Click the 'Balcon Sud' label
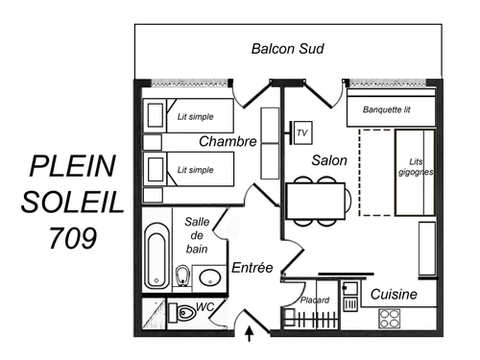287,48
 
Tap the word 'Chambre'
228,142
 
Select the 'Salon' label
329,160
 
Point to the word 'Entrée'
253,267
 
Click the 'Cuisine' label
394,294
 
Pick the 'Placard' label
314,300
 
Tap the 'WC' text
204,306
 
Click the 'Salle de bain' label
197,235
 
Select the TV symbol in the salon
300,132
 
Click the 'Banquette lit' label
387,109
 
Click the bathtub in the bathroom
155,256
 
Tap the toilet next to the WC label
181,313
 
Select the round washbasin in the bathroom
209,279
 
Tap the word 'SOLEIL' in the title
73,202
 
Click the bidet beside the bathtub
184,276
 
